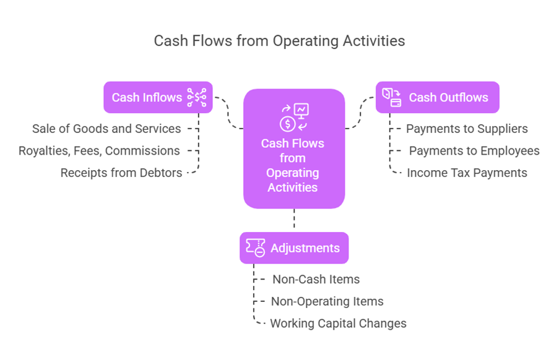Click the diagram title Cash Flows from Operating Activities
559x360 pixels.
(279, 41)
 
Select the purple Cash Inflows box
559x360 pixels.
(158, 97)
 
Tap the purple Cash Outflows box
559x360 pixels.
(437, 97)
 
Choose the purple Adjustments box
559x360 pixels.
(293, 248)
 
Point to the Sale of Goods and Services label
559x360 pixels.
(106, 129)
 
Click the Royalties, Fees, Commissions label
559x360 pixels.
(99, 150)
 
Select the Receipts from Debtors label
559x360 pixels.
(121, 173)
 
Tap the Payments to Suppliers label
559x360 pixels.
(467, 129)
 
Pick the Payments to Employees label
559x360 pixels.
(474, 150)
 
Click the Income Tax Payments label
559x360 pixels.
(467, 173)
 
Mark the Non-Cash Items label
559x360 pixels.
(316, 279)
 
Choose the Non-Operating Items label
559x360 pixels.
(327, 301)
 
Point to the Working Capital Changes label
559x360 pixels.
(338, 323)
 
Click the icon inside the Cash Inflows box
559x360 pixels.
(197, 97)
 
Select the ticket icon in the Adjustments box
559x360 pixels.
(255, 248)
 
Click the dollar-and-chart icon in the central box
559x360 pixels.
(293, 118)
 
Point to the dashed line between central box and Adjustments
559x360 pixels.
(293, 220)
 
